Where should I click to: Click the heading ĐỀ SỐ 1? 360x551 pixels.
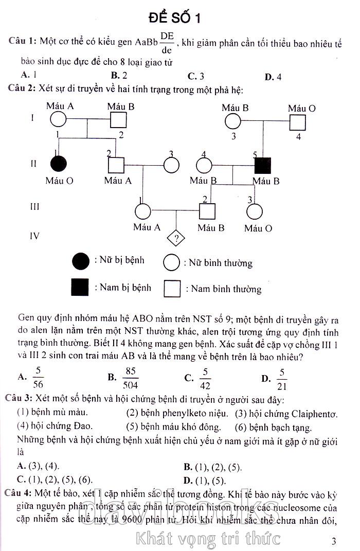(x=174, y=18)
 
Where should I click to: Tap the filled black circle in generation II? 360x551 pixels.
(x=59, y=165)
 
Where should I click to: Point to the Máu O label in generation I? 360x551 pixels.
(x=302, y=108)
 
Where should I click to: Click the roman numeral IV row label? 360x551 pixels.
(x=34, y=236)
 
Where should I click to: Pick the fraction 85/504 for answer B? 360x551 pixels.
(x=131, y=378)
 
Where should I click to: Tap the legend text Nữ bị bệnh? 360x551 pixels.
(x=119, y=260)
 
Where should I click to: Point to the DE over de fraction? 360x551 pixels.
(x=166, y=42)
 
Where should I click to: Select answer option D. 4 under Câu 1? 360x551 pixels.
(x=273, y=77)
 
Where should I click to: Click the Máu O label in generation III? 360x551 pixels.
(x=258, y=228)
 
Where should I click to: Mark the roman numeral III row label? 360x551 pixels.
(x=34, y=207)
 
